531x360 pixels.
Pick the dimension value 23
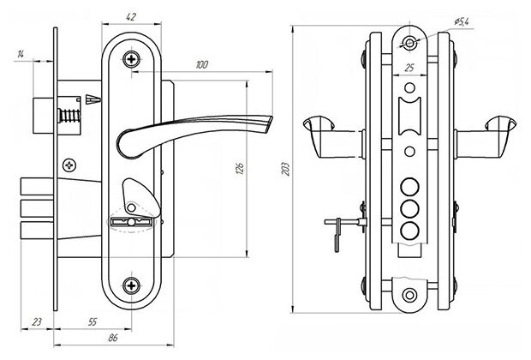click(x=36, y=324)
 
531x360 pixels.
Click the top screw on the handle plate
click(x=131, y=59)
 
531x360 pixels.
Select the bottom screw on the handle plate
click(x=131, y=285)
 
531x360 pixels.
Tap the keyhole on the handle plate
click(x=131, y=221)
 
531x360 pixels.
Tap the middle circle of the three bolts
click(x=411, y=207)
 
